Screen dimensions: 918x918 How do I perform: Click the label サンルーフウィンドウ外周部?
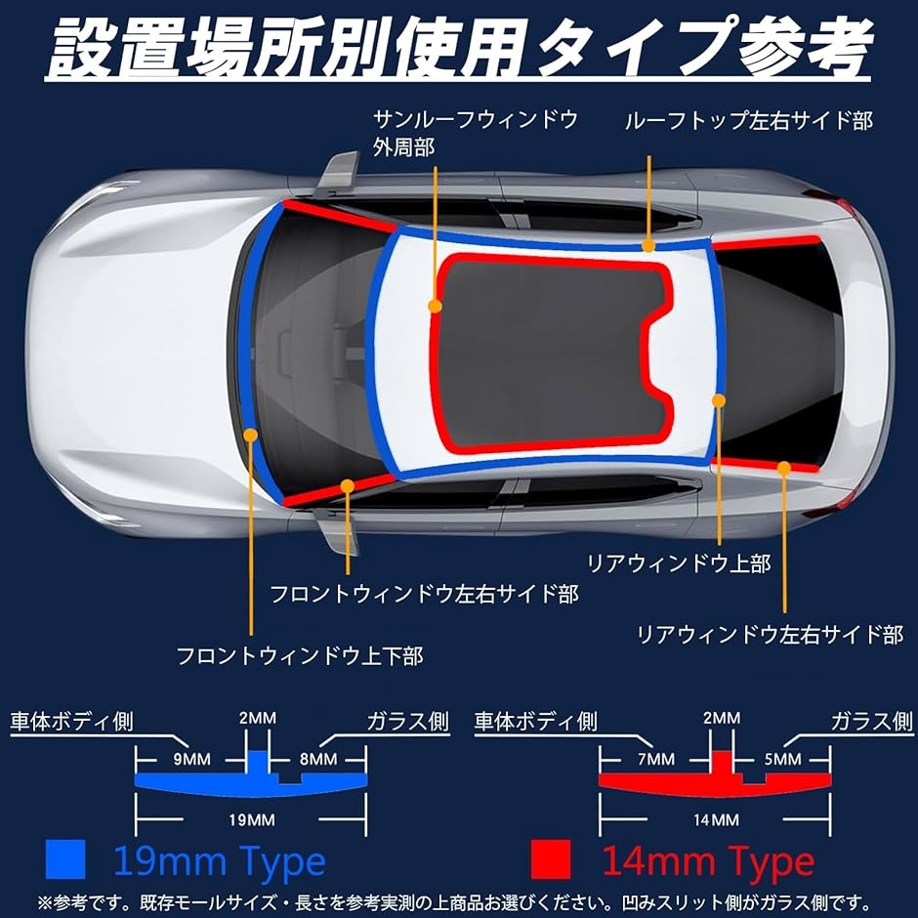point(476,133)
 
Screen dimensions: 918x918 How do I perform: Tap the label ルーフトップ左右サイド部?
point(749,120)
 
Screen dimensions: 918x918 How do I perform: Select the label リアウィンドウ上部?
point(679,563)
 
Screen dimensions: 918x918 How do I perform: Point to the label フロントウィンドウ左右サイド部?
point(425,594)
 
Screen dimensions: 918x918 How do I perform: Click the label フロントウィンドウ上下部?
point(300,655)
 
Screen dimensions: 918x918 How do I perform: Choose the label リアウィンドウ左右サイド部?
point(770,635)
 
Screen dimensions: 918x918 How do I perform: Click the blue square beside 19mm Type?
point(65,859)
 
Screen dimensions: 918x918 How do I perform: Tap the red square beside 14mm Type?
point(551,859)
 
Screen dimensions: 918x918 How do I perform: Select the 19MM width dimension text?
point(252,819)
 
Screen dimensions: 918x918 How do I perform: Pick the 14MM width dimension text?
point(716,819)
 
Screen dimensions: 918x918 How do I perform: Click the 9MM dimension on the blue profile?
point(191,760)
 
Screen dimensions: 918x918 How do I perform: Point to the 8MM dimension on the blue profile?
point(318,760)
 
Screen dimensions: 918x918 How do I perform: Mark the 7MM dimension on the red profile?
point(655,760)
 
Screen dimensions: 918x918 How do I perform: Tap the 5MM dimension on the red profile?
point(782,760)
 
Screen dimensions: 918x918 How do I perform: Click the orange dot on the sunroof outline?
point(435,306)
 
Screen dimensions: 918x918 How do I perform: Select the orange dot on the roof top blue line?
point(648,246)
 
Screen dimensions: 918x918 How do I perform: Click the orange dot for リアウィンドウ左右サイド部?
point(784,467)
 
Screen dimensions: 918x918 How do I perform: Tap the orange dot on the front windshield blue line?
point(251,435)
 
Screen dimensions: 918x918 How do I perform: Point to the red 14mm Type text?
point(708,860)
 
